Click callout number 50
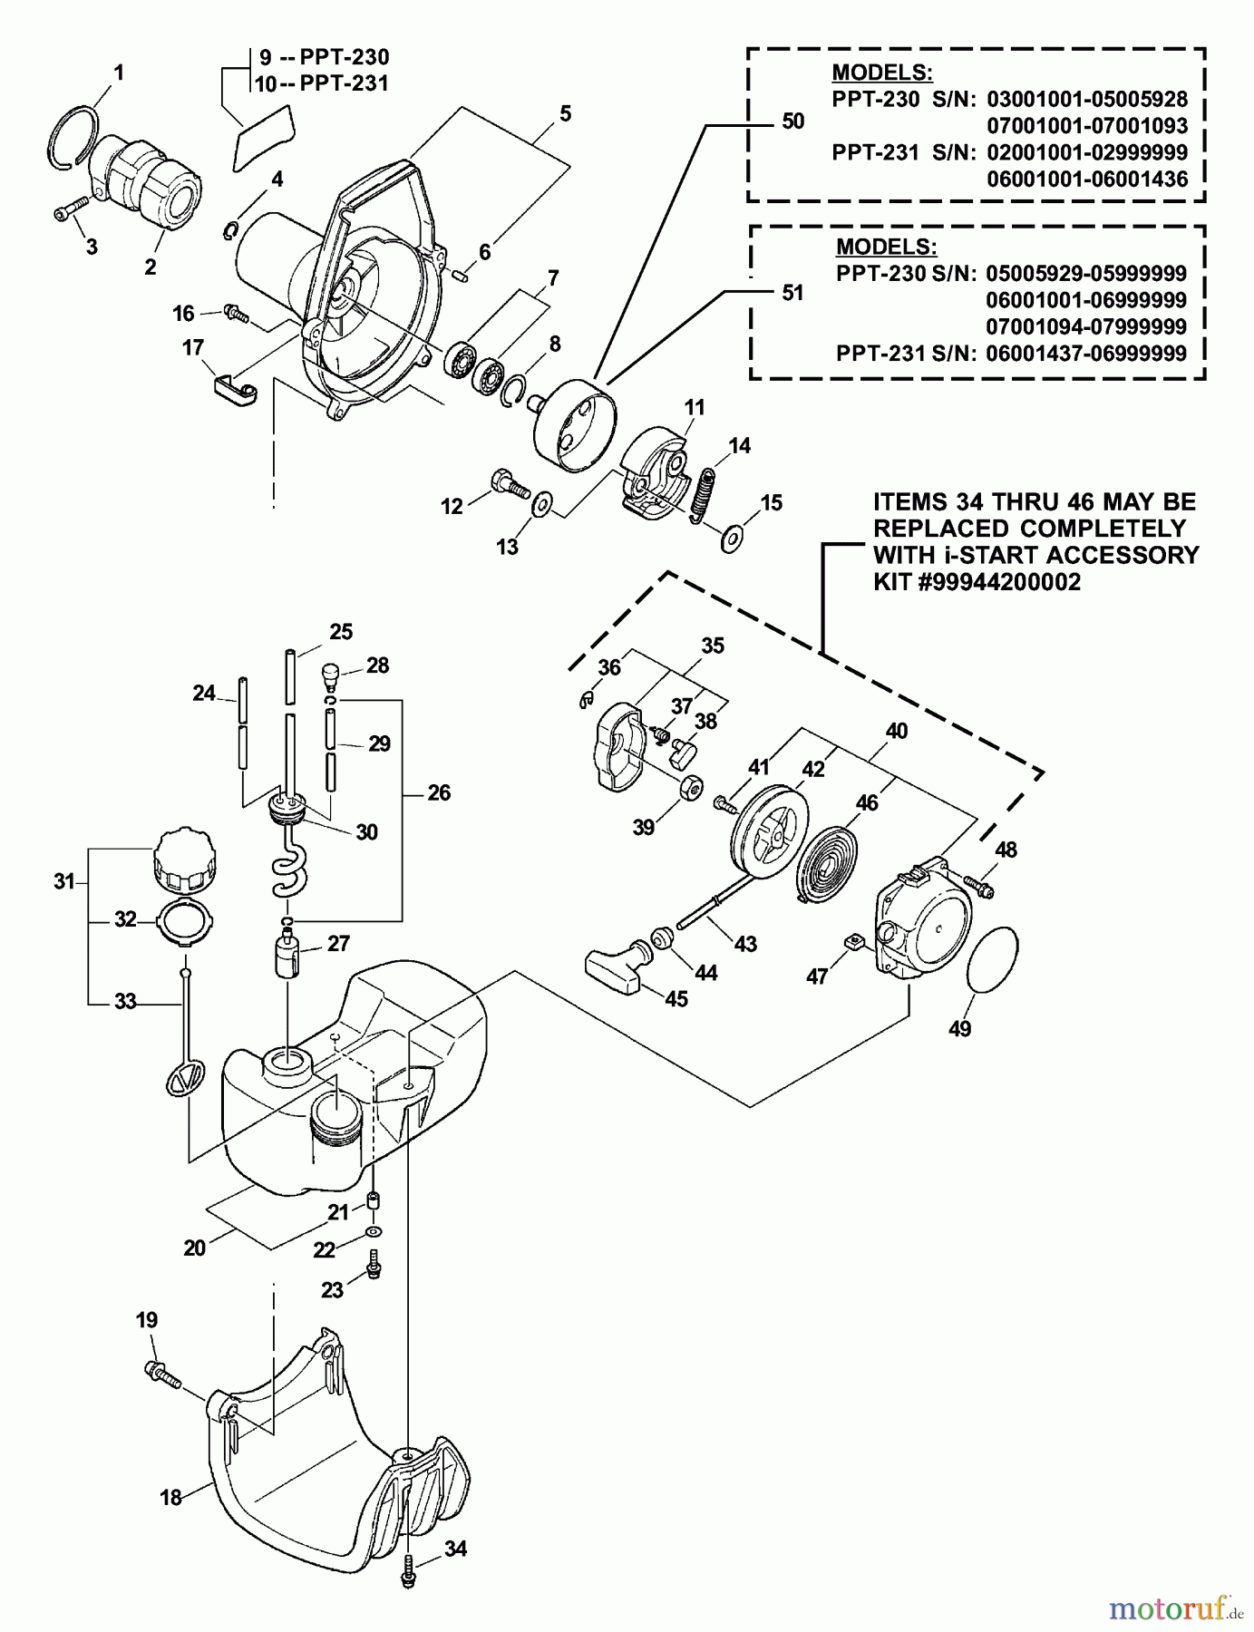[792, 121]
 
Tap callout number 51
[792, 293]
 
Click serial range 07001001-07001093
[1086, 126]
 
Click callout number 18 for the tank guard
[171, 1497]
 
